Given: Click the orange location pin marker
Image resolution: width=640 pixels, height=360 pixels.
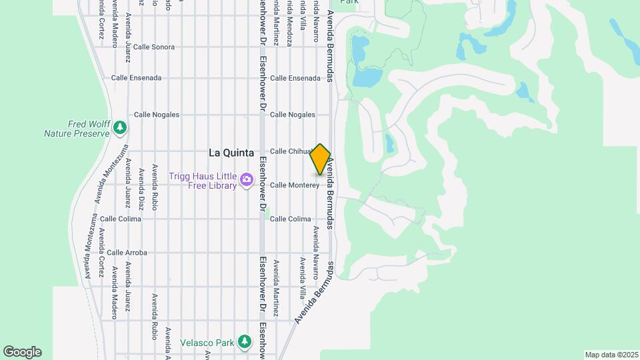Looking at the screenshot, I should pos(321,159).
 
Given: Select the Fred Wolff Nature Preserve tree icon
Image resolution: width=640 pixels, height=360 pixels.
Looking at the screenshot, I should pos(120,127).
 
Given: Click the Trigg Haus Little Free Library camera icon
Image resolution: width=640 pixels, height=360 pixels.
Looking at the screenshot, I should pos(247,179).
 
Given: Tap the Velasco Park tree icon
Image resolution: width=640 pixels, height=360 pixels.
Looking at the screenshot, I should pos(245,342).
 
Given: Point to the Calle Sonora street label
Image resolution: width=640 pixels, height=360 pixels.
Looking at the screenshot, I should pos(153,47).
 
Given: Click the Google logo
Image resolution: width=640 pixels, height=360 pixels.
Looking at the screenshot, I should pos(22,352).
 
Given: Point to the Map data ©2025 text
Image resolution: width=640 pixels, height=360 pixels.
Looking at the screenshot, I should pos(611,355).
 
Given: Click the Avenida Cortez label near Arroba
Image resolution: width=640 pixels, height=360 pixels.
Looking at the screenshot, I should pos(101,253).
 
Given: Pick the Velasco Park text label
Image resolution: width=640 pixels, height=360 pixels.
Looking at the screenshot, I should pos(207,343).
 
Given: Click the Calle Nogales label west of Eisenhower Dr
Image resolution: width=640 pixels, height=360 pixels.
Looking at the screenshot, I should pos(157,115).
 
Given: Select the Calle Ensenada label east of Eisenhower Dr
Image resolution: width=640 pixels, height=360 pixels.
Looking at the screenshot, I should pos(295,78).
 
